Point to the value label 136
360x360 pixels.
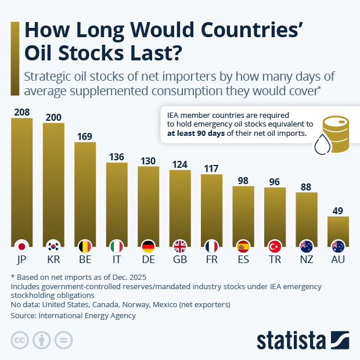point(116,157)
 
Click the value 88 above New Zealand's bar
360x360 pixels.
point(306,187)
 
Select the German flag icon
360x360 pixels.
point(148,246)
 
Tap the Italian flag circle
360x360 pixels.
point(116,246)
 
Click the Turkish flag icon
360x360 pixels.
point(274,246)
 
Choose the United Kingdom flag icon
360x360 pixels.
point(179,246)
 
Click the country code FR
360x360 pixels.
point(211,260)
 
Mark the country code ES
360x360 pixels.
point(243,260)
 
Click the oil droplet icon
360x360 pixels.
point(321,145)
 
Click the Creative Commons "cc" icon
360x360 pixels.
point(20,340)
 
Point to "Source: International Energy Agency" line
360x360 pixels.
point(73,315)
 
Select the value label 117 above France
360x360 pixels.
point(211,168)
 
